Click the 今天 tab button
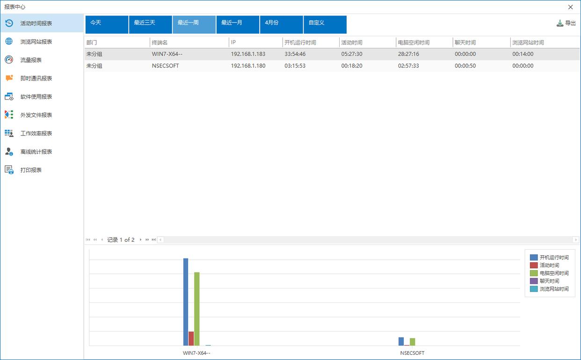pos(107,25)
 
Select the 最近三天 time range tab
pos(150,25)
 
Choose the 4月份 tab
pos(281,25)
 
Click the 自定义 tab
pos(325,25)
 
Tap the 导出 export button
pos(566,23)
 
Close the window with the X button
pos(570,7)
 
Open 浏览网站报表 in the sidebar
pos(36,42)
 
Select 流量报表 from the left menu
pos(31,60)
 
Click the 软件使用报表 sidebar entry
pos(36,97)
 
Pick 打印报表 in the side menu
pos(31,170)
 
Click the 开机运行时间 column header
pos(300,43)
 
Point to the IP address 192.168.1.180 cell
pos(248,66)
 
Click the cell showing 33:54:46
pos(295,54)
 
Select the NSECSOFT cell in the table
pos(165,66)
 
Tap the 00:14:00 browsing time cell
pos(523,54)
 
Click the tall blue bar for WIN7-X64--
pos(186,302)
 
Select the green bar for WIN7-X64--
pos(197,309)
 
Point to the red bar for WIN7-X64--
pos(191,338)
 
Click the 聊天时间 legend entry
pos(549,281)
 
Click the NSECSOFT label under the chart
pos(412,353)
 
